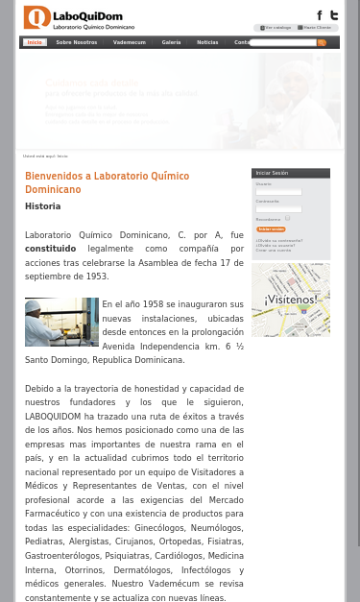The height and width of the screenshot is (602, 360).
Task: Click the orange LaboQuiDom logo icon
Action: tap(36, 16)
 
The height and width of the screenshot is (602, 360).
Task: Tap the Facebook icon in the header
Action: tap(320, 15)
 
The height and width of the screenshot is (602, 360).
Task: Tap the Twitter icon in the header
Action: tap(333, 15)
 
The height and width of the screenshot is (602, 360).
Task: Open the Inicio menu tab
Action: tap(35, 42)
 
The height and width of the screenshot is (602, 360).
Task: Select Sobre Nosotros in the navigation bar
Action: tap(77, 42)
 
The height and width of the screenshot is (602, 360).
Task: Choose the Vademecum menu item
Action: tap(130, 42)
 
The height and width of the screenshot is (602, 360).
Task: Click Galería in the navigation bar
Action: tap(171, 42)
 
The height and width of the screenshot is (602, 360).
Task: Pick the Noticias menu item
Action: tap(207, 42)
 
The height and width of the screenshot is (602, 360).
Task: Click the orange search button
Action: tap(322, 42)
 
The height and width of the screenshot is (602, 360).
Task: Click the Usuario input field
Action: tap(278, 192)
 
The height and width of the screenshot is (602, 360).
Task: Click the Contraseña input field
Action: tap(278, 209)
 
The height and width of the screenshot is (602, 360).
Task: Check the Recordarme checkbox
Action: tap(287, 219)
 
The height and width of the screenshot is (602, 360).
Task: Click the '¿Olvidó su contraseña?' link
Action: tap(278, 240)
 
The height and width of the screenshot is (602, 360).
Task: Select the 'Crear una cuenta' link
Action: tap(273, 250)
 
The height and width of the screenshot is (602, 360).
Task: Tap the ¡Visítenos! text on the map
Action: tap(291, 300)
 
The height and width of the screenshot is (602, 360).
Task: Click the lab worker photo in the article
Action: tap(61, 322)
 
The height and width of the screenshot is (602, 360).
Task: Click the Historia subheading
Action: tap(42, 206)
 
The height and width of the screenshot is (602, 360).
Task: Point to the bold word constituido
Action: tap(50, 249)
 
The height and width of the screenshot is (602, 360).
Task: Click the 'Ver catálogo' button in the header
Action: tap(276, 28)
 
